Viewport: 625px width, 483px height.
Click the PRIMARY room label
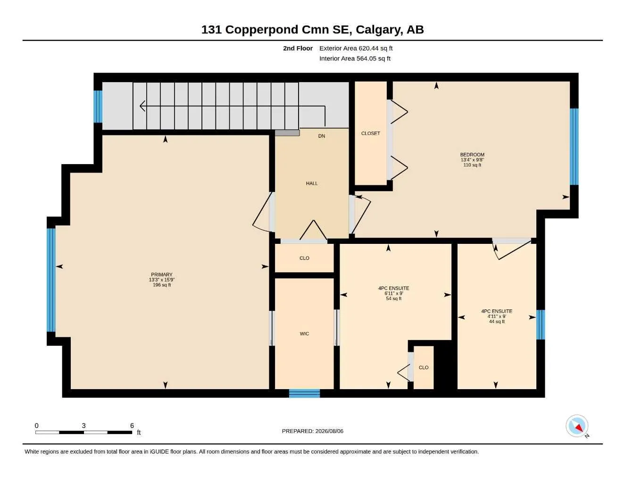pyautogui.click(x=161, y=275)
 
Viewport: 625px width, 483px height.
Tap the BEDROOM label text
pyautogui.click(x=472, y=155)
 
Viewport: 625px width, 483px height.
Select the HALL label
pyautogui.click(x=312, y=183)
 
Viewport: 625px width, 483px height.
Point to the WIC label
pyautogui.click(x=304, y=334)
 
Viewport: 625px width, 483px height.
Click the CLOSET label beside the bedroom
pyautogui.click(x=370, y=133)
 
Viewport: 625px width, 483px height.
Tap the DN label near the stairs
pyautogui.click(x=322, y=136)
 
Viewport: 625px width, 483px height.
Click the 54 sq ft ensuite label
pyautogui.click(x=393, y=293)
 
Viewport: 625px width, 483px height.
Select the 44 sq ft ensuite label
pyautogui.click(x=497, y=316)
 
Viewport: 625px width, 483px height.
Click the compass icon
pyautogui.click(x=577, y=426)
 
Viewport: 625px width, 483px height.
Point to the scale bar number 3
pyautogui.click(x=83, y=425)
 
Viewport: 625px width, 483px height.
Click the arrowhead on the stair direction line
pyautogui.click(x=142, y=106)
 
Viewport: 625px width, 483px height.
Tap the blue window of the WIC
pyautogui.click(x=304, y=393)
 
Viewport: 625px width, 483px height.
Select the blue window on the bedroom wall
pyautogui.click(x=574, y=147)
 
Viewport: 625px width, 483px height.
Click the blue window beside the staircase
pyautogui.click(x=98, y=107)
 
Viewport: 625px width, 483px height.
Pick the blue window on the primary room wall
pyautogui.click(x=51, y=280)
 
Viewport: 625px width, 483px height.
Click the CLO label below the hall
pyautogui.click(x=304, y=258)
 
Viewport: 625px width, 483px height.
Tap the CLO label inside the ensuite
pyautogui.click(x=424, y=367)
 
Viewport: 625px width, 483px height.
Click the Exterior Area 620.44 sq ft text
pyautogui.click(x=356, y=48)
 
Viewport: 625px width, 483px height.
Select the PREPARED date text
pyautogui.click(x=312, y=431)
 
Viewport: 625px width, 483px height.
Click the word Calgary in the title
pyautogui.click(x=378, y=30)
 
